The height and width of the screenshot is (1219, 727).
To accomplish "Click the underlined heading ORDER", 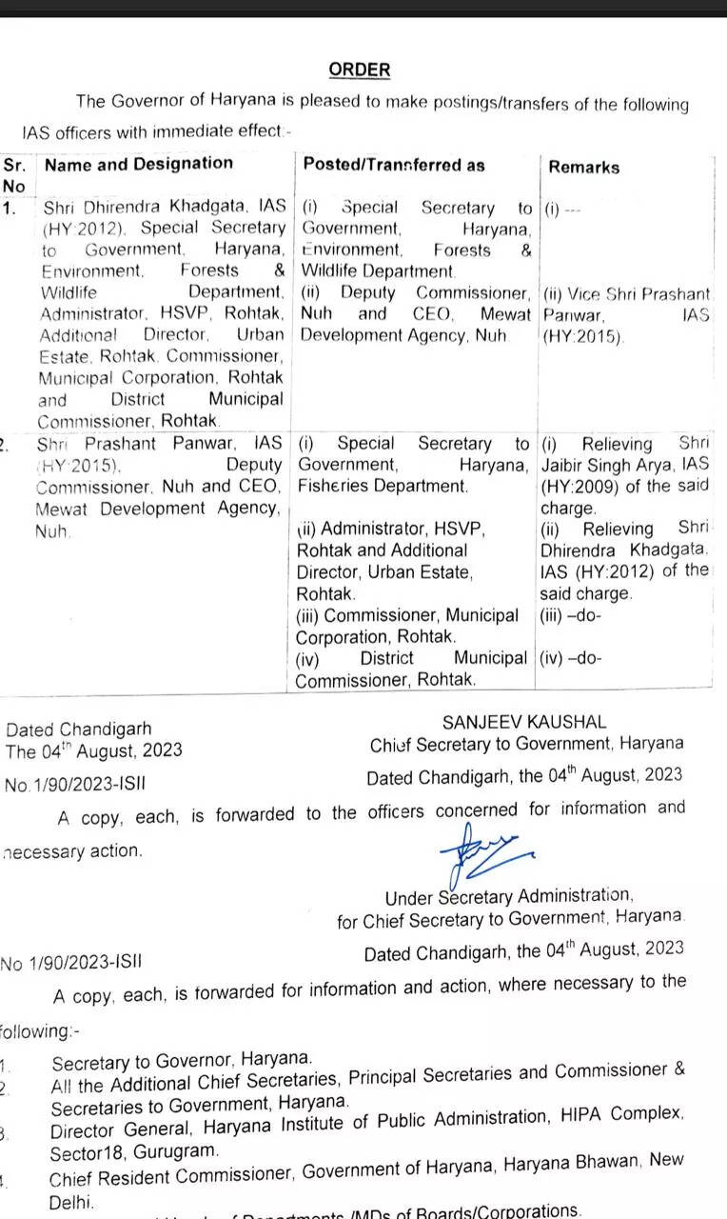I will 359,70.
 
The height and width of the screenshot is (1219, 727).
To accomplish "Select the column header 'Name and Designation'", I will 139,164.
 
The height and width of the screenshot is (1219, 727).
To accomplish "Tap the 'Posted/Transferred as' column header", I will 394,165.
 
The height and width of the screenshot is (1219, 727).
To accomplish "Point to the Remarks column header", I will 583,168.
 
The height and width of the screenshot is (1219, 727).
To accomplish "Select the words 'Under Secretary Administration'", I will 508,896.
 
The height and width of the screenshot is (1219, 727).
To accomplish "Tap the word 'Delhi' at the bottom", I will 70,1203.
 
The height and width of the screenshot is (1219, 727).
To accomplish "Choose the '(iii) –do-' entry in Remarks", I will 570,615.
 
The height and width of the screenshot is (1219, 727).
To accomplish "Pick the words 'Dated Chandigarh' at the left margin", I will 78,730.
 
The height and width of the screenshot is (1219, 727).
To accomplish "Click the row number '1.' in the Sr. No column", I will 10,208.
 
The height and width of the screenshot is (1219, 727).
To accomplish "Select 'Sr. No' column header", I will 14,174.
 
